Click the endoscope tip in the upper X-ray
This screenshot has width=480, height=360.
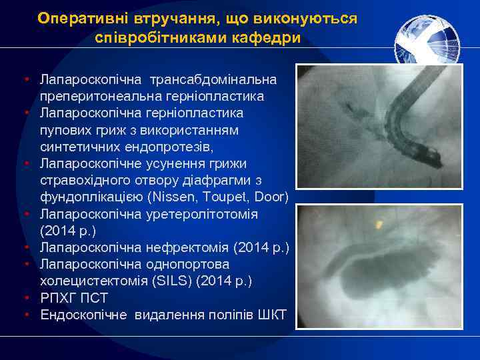[433, 159]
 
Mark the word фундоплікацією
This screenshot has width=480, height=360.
[89, 197]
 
